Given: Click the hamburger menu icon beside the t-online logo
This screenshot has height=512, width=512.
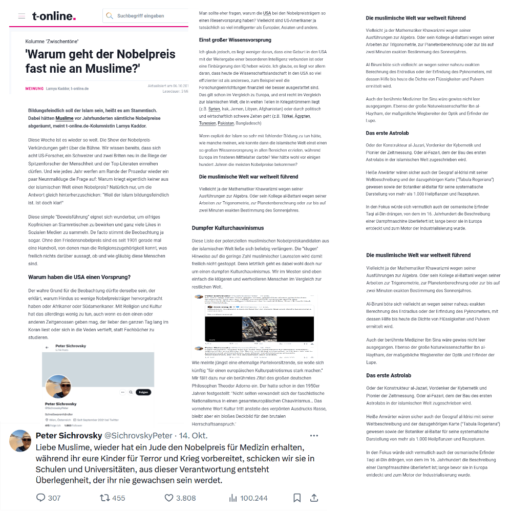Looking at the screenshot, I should click(x=22, y=16).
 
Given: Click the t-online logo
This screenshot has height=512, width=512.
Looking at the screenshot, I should click(x=54, y=16).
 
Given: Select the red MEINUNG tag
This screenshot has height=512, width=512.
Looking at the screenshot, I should click(x=34, y=89).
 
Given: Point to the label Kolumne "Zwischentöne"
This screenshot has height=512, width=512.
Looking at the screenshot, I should click(x=52, y=41).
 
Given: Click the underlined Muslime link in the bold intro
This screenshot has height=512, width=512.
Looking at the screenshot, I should click(x=65, y=117).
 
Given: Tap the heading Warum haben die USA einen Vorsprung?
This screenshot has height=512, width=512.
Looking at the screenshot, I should click(x=79, y=277).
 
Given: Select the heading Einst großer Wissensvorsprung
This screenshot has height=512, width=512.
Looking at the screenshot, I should click(x=235, y=40).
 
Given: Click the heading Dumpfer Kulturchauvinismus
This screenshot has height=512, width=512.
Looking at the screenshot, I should click(x=228, y=227).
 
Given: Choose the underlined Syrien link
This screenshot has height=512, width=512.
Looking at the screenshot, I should click(x=214, y=109).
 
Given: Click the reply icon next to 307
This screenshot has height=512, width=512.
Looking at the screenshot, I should click(x=41, y=498).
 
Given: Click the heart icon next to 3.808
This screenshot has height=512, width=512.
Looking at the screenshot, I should click(x=169, y=498).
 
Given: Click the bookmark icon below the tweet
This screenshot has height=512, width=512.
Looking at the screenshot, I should click(x=297, y=498).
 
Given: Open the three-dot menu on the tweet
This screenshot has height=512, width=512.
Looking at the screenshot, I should click(x=314, y=436).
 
